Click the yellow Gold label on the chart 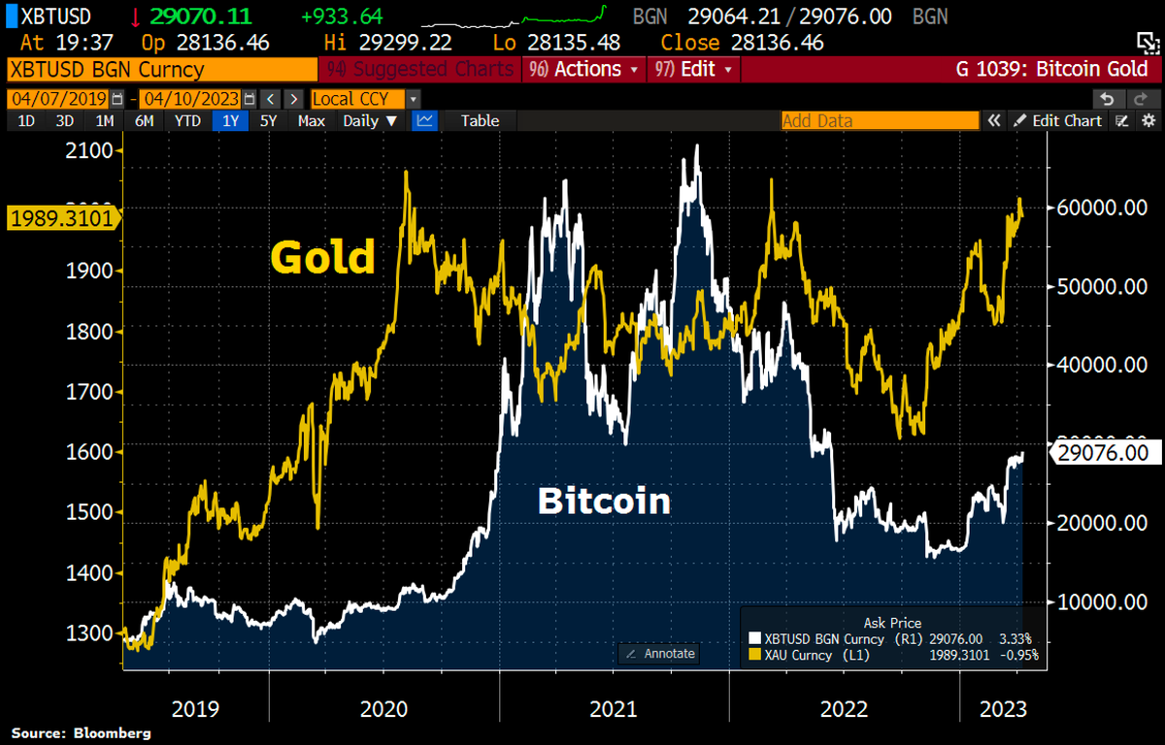pos(322,257)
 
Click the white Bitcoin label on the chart pos(604,501)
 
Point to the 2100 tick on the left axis pos(89,150)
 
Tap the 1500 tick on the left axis pos(89,512)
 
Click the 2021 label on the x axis pos(614,709)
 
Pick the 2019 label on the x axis pos(196,709)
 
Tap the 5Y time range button pos(269,121)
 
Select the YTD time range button pos(187,121)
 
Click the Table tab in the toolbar pos(480,121)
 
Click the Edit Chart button pos(1058,121)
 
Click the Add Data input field pos(880,121)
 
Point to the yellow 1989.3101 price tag pos(60,218)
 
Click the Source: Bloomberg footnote pos(82,733)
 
